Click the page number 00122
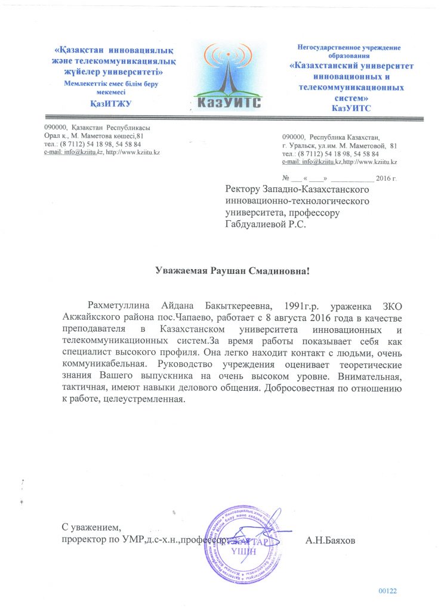(x=387, y=591)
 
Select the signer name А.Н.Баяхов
(x=330, y=541)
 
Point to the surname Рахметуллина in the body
(x=119, y=305)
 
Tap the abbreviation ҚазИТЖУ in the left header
(x=110, y=104)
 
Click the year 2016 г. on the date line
(x=387, y=178)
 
